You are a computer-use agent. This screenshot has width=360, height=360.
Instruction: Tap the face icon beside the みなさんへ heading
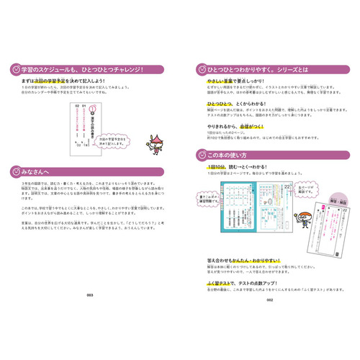[16, 171]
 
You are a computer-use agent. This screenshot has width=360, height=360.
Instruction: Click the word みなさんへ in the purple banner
[39, 171]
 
